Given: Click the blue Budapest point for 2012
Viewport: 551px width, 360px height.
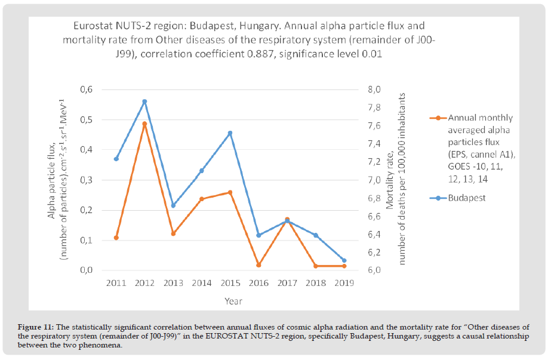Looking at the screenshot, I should coord(144,101).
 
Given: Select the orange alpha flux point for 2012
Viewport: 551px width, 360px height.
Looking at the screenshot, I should coord(144,124).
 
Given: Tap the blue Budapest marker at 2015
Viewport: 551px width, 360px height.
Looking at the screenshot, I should coord(230,133).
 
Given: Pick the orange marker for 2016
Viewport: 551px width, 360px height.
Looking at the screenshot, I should coord(258,265).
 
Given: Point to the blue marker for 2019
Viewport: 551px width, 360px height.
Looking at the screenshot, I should coord(344,260).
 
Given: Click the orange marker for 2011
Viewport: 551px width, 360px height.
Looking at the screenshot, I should coord(116,238).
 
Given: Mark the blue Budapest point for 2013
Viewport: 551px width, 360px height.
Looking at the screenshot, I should coord(173,205).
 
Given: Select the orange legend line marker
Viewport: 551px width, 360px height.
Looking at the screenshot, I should coord(438,118).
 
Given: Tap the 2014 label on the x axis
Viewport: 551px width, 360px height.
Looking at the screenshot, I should coord(201,282).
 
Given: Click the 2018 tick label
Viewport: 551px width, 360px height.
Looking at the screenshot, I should coord(315,282).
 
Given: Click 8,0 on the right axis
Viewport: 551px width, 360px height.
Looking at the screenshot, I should coord(374,90).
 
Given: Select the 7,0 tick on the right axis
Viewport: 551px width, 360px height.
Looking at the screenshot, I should coord(374,180).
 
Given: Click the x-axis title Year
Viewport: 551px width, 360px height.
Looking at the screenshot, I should coord(233,301).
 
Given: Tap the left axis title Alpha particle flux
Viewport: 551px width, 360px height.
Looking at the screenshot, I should coord(53,177).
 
